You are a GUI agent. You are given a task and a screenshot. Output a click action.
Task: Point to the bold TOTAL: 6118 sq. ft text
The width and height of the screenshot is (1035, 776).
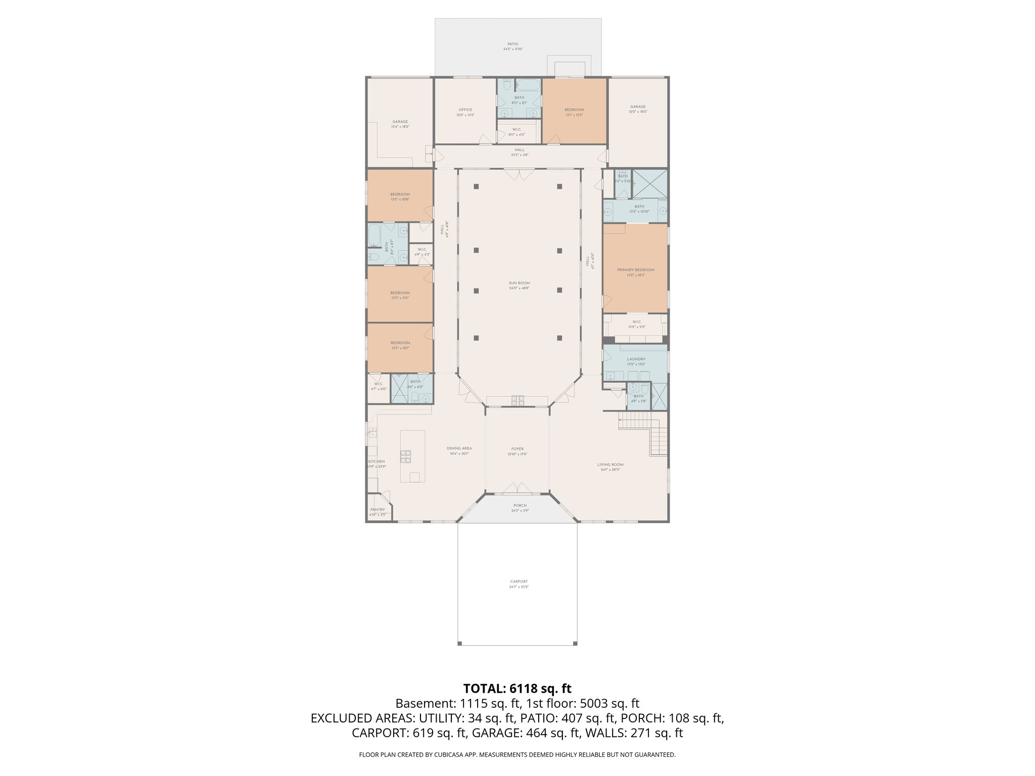click(517, 688)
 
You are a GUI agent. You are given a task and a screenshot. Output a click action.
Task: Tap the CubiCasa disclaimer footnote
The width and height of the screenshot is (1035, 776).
click(517, 755)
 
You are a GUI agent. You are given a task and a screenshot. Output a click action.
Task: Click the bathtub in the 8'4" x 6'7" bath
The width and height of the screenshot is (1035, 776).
click(373, 235)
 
